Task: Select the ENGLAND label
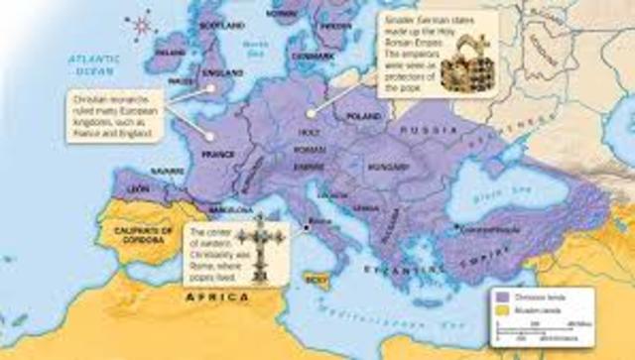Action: [224, 72]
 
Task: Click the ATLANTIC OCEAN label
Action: [94, 63]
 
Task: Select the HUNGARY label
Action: [382, 170]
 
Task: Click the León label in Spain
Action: [140, 187]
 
